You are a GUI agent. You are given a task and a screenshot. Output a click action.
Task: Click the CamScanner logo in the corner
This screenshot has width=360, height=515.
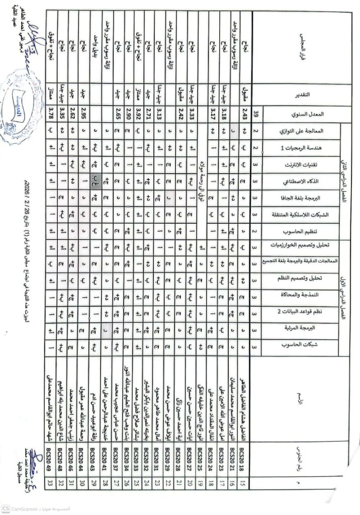pyautogui.click(x=6, y=508)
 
